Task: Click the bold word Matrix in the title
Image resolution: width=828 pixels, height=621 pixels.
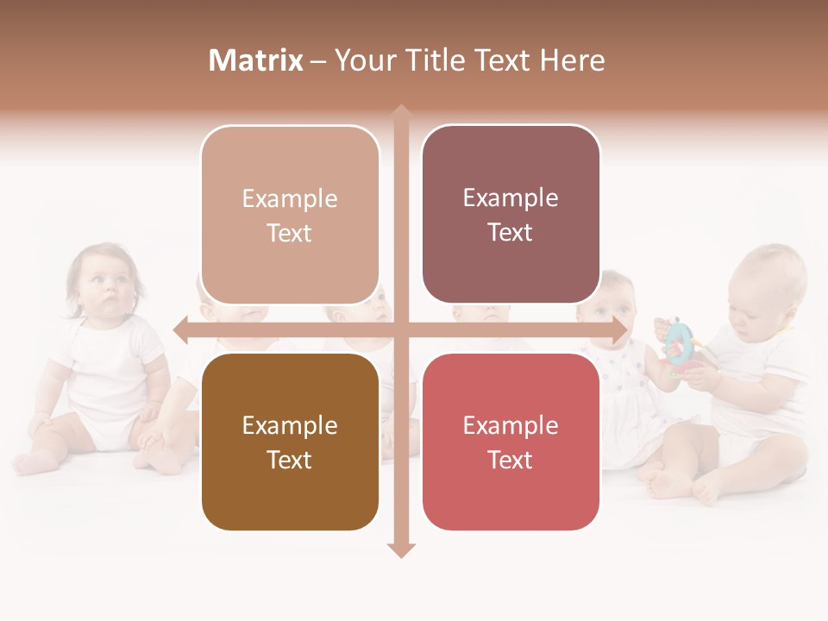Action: click(256, 60)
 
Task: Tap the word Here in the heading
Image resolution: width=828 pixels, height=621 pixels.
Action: click(572, 60)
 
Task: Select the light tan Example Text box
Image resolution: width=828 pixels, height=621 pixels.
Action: click(290, 215)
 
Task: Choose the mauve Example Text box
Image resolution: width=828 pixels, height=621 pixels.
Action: click(511, 215)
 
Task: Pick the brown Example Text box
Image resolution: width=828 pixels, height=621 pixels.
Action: click(290, 442)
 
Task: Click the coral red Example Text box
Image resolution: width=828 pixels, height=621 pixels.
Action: click(511, 442)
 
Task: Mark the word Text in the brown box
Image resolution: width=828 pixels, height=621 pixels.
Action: click(290, 460)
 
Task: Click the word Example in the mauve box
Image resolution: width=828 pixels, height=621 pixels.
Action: click(511, 198)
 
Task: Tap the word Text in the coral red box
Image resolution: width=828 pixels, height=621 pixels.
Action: click(511, 460)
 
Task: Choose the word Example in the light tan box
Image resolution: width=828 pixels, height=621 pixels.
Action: click(290, 198)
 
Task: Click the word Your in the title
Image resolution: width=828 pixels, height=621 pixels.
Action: click(365, 60)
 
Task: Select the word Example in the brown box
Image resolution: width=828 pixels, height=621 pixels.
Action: click(290, 425)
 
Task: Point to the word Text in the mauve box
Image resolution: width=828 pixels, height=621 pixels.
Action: click(511, 233)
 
